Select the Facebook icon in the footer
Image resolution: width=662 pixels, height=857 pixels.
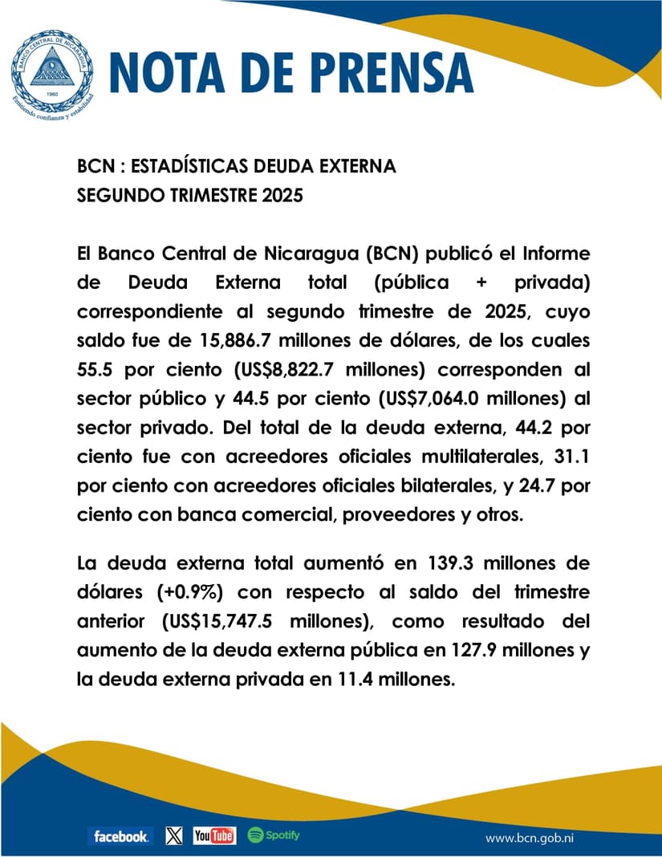coord(120,836)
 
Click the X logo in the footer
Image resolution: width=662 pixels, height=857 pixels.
coord(173,836)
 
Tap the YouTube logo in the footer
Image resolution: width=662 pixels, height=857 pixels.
coord(214,836)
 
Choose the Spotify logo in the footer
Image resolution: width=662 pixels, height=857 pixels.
coord(274,835)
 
